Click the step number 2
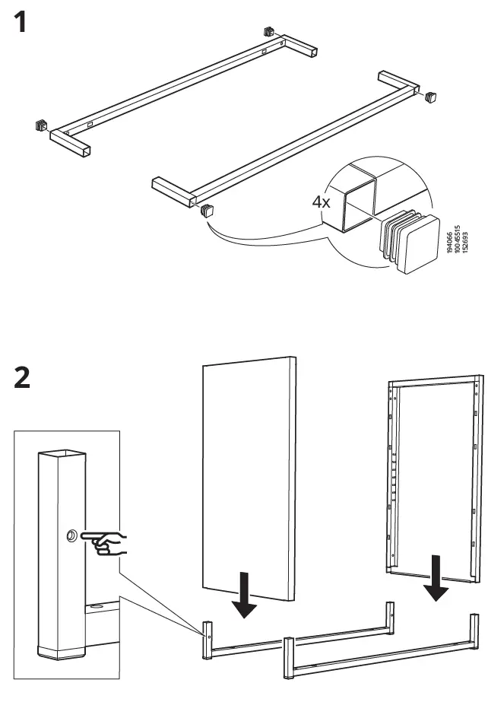tap(22, 379)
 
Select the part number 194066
tap(455, 239)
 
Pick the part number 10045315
tap(461, 239)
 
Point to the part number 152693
tap(468, 239)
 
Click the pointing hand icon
tap(107, 543)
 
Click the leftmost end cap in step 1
tap(40, 124)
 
